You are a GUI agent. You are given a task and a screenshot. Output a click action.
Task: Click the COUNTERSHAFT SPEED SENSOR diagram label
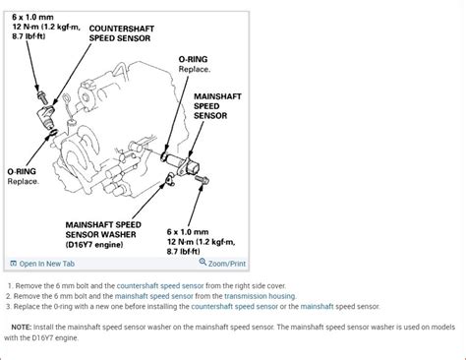pyautogui.click(x=122, y=33)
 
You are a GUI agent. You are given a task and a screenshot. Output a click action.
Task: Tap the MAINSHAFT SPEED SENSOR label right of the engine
pyautogui.click(x=217, y=106)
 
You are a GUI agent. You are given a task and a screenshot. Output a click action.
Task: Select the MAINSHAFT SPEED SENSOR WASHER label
pyautogui.click(x=103, y=235)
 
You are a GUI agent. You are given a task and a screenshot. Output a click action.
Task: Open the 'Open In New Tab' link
pyautogui.click(x=42, y=264)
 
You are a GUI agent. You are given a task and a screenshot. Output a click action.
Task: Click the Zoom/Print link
pyautogui.click(x=227, y=264)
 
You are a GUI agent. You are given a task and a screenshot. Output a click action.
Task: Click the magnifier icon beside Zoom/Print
pyautogui.click(x=203, y=262)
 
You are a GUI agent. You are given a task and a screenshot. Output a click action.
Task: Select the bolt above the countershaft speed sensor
pyautogui.click(x=42, y=97)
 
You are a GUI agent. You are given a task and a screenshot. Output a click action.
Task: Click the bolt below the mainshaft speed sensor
pyautogui.click(x=202, y=180)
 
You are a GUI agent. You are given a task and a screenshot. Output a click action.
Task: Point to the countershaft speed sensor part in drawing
pyautogui.click(x=46, y=117)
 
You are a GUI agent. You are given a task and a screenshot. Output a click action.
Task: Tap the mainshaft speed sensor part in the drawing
pyautogui.click(x=184, y=164)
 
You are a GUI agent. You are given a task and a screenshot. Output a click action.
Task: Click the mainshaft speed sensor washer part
pyautogui.click(x=170, y=179)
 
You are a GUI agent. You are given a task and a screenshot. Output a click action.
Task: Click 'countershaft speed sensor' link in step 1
pyautogui.click(x=160, y=286)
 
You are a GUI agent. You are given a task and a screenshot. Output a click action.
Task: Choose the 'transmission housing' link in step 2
pyautogui.click(x=260, y=296)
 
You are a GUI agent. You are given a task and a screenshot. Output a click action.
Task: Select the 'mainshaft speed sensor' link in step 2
pyautogui.click(x=154, y=296)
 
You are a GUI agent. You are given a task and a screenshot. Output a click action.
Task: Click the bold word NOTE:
pyautogui.click(x=22, y=328)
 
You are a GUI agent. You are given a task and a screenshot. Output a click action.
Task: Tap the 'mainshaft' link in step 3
pyautogui.click(x=317, y=307)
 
